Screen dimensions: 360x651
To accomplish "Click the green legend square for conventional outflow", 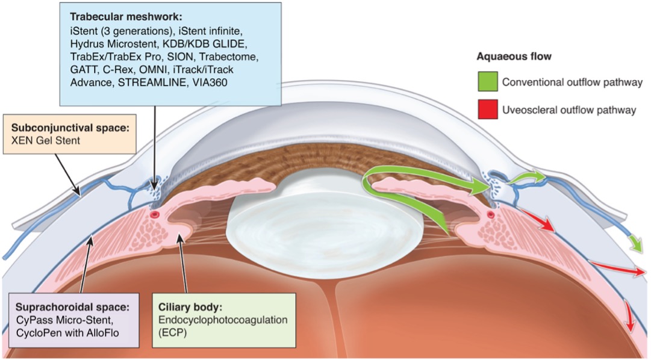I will pos(487,82).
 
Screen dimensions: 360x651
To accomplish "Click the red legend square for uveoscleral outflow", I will pos(487,110).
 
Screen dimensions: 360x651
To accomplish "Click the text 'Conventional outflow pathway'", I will pos(572,82).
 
